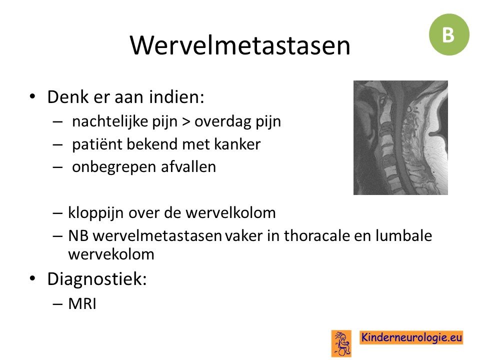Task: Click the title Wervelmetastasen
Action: coord(240,45)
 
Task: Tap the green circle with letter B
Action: coord(449,34)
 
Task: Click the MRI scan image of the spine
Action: coord(400,138)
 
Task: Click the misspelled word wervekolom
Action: coord(111,254)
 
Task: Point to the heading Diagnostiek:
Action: coord(97,279)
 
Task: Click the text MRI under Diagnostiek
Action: coord(82,304)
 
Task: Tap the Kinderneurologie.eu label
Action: coord(411,337)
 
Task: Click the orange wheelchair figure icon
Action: coord(341,343)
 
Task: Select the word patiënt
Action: coord(97,144)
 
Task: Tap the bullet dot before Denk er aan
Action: coord(32,96)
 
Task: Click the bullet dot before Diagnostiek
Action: coord(32,278)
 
